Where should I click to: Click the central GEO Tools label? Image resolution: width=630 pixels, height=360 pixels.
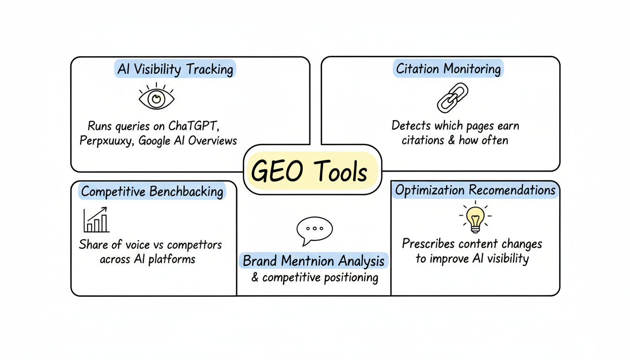309,172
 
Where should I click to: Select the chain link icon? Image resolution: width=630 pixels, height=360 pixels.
452,97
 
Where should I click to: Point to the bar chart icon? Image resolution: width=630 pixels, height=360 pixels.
96,220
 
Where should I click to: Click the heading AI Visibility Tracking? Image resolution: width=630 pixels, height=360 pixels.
175,69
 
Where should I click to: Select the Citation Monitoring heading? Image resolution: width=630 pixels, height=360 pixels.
448,69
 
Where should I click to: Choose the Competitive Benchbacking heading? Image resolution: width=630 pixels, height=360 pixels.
152,191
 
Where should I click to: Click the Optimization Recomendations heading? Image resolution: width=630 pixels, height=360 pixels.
475,190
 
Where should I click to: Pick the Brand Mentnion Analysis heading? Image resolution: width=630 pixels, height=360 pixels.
314,261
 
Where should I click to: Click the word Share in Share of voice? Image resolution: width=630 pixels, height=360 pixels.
94,245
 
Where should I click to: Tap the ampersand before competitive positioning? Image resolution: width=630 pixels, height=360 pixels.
255,277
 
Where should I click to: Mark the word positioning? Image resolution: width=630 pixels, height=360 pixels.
350,277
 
